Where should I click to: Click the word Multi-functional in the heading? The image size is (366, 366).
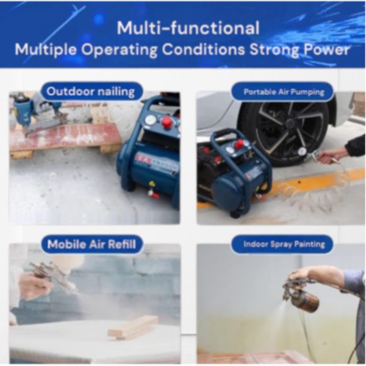tap(188, 28)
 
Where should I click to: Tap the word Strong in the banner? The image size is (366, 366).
tap(274, 50)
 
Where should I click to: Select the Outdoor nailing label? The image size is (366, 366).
tap(91, 91)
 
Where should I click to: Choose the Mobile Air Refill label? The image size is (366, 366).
tap(91, 244)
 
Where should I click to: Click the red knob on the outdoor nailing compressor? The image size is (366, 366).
tap(167, 123)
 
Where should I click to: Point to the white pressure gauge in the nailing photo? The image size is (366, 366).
tap(151, 120)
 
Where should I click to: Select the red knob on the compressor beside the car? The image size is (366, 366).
tap(239, 144)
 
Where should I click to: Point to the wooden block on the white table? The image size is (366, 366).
tap(133, 327)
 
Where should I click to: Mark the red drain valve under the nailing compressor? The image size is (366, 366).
tap(154, 193)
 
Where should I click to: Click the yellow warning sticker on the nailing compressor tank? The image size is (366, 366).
tap(152, 184)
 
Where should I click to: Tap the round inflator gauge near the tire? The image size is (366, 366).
tap(302, 151)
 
